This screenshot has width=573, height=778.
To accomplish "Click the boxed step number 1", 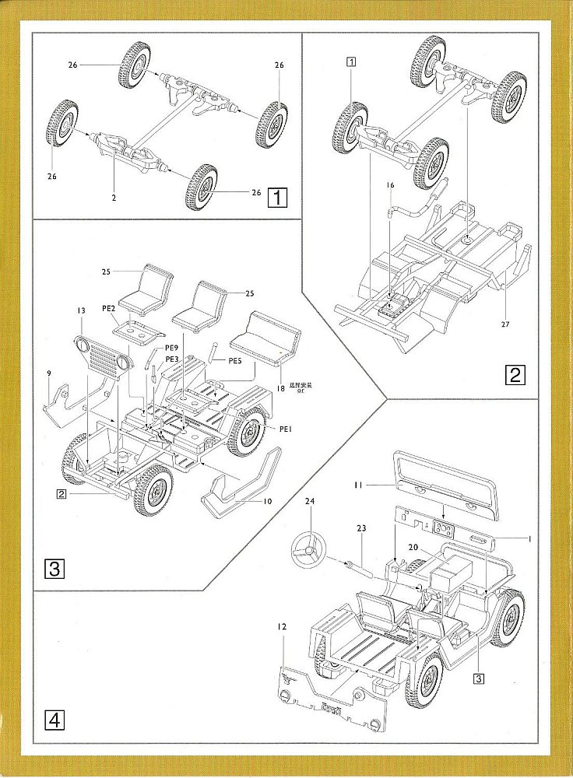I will pyautogui.click(x=276, y=198).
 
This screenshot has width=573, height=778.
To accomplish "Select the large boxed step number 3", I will pyautogui.click(x=54, y=568).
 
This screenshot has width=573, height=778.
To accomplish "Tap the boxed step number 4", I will pyautogui.click(x=54, y=720).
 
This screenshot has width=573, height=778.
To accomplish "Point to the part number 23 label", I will pyautogui.click(x=360, y=528).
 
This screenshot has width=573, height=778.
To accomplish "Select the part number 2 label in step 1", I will pyautogui.click(x=114, y=198).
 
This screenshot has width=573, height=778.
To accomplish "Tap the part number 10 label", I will pyautogui.click(x=267, y=502).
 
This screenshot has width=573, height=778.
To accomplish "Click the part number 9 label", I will pyautogui.click(x=49, y=374).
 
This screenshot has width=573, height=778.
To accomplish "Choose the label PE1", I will pyautogui.click(x=285, y=429).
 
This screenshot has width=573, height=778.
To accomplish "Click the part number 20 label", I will pyautogui.click(x=413, y=547).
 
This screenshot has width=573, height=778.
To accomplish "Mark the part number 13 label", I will pyautogui.click(x=80, y=310).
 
